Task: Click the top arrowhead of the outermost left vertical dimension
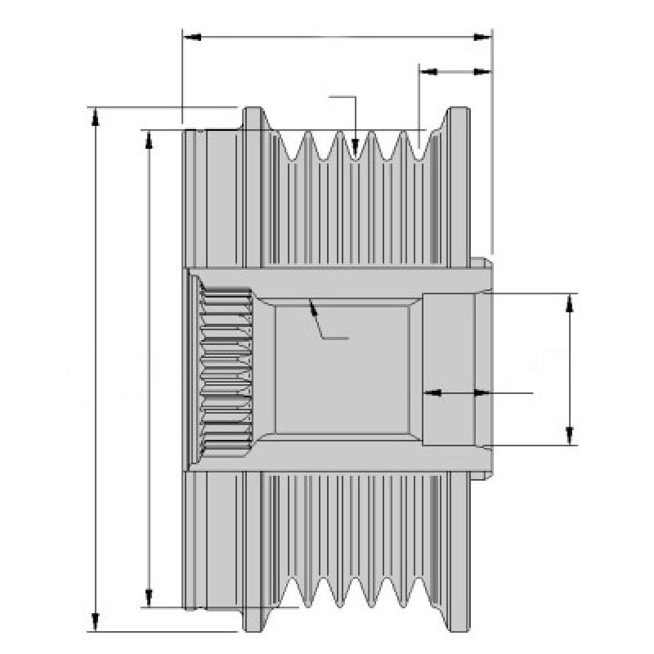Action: point(96,114)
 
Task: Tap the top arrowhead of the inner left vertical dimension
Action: point(148,137)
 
